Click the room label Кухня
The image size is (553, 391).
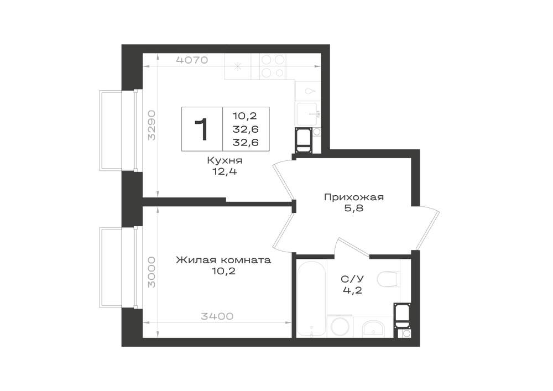[225, 161]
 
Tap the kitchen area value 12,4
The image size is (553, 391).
[225, 171]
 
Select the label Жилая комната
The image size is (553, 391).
[223, 260]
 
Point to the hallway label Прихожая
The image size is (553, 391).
[354, 197]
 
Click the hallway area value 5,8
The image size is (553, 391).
[354, 208]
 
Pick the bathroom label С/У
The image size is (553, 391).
[352, 279]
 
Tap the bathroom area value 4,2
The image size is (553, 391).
[352, 290]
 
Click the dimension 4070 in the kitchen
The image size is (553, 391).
[192, 60]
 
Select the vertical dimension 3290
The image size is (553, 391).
[152, 125]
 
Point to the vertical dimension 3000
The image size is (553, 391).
[152, 272]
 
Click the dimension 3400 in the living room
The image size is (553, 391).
[217, 316]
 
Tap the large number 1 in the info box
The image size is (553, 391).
[202, 129]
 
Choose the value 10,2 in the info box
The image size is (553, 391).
[245, 116]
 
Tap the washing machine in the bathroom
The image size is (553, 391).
[340, 326]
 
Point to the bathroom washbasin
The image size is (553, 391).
[373, 328]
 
